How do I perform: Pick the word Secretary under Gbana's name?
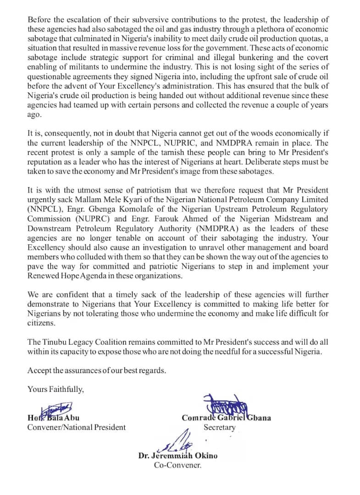(219, 427)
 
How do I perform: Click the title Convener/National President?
(76, 427)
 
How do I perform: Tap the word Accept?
(39, 370)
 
